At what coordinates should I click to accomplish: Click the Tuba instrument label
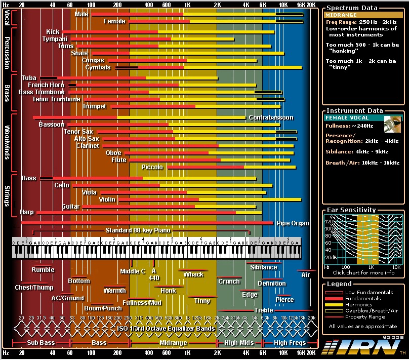(29, 78)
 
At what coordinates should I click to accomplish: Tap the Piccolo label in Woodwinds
(152, 167)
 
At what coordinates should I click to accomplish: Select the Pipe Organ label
(293, 223)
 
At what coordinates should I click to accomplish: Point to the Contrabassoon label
(271, 117)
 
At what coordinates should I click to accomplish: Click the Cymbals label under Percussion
(98, 67)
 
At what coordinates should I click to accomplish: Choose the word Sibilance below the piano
(264, 267)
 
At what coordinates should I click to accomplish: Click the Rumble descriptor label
(43, 270)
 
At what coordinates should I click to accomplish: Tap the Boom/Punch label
(103, 308)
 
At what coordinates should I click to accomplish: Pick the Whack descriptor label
(193, 274)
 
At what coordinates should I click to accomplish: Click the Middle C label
(133, 271)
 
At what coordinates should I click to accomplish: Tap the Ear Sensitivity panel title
(351, 210)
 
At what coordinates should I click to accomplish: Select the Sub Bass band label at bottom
(40, 343)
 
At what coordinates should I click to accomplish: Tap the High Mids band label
(239, 343)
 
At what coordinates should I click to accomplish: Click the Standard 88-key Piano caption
(138, 230)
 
